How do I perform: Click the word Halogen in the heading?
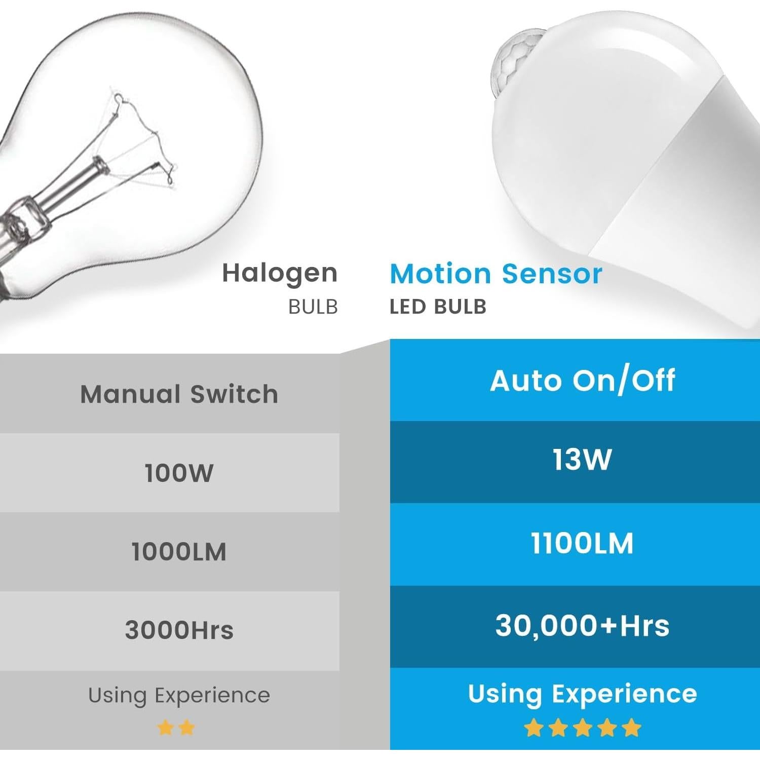(280, 274)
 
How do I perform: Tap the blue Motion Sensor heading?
(496, 274)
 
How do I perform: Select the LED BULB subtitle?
(438, 307)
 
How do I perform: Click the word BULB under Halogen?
(313, 307)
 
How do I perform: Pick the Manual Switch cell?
(179, 394)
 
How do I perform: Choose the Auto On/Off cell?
(582, 381)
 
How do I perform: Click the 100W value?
(179, 473)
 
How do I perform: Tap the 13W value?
(582, 460)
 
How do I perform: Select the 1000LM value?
(179, 552)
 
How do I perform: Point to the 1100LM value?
(582, 543)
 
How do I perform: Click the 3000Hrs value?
(179, 631)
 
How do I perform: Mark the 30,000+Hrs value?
(582, 626)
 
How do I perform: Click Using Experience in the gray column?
(179, 696)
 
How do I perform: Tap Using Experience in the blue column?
(582, 694)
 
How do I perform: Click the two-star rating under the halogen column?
(176, 728)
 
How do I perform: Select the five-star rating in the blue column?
(582, 728)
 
